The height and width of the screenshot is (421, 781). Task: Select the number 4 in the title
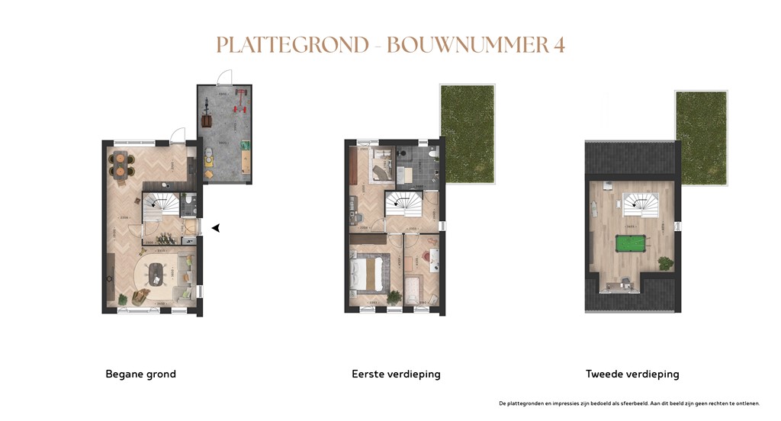coord(559,45)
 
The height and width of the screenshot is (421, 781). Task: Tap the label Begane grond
coord(140,374)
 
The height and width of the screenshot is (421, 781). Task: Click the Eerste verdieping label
coord(396,374)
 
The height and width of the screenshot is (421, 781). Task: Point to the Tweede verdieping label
coord(632,374)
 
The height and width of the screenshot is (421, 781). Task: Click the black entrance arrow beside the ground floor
coord(216,227)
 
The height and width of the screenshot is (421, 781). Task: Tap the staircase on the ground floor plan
coord(161,204)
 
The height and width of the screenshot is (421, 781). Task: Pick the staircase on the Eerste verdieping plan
coord(404,203)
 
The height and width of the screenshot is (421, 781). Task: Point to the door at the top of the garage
coord(223,78)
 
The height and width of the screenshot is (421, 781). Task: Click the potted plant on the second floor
coord(665,262)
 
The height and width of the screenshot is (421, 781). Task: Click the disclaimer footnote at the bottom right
coord(629,403)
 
